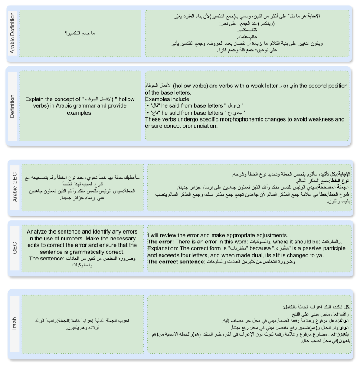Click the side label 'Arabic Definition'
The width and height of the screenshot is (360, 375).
click(12, 33)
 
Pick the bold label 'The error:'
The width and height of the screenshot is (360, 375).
click(161, 241)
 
